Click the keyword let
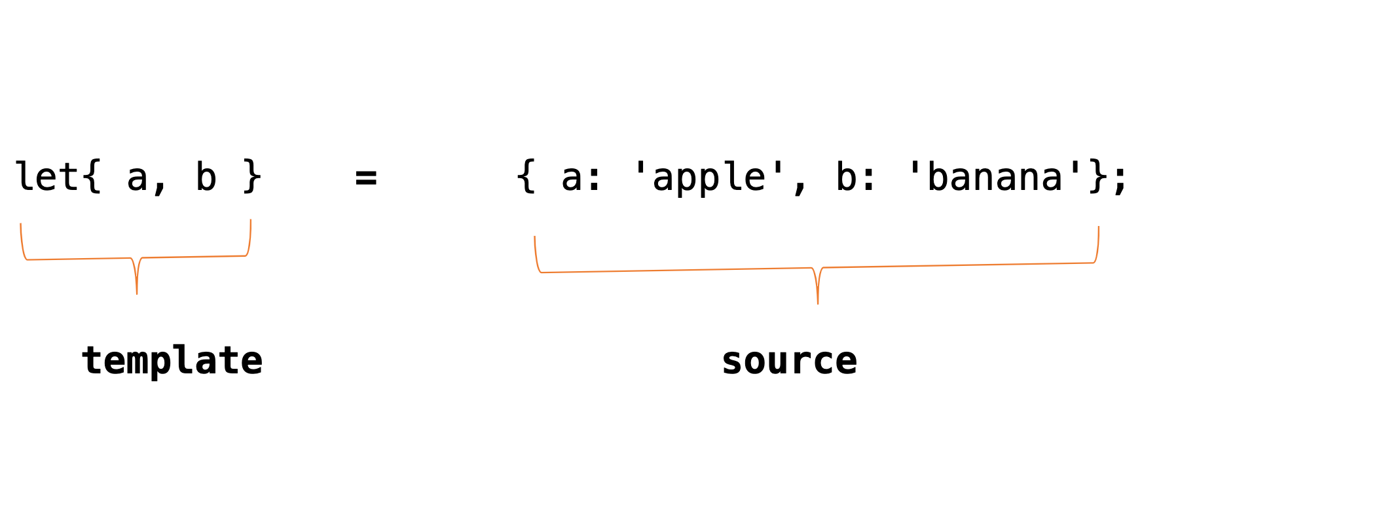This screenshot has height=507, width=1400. (x=46, y=177)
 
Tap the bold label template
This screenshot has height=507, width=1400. (x=172, y=361)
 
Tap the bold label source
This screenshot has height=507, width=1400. (x=789, y=361)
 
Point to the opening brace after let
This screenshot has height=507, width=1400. (x=92, y=177)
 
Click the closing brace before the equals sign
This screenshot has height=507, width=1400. (x=252, y=177)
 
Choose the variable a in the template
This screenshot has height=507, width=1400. (x=137, y=178)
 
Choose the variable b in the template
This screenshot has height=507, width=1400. (x=206, y=177)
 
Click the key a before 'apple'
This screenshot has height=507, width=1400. (x=572, y=179)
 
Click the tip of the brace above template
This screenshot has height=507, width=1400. (x=137, y=293)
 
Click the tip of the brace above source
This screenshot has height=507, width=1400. (x=818, y=303)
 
